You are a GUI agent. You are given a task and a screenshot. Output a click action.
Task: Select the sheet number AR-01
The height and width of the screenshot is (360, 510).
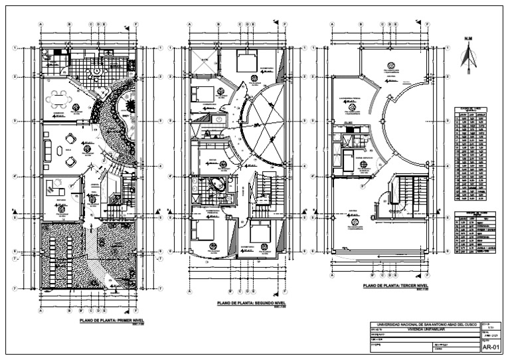point(490,347)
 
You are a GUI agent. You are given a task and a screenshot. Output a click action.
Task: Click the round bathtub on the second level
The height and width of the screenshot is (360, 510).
point(217,185)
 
